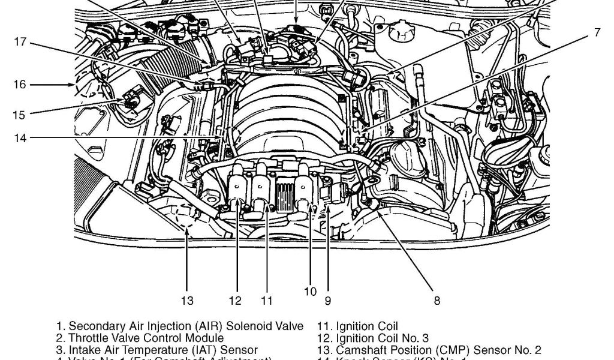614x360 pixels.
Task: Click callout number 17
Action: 21,41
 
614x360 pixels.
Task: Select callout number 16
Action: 20,85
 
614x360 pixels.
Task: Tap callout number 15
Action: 20,114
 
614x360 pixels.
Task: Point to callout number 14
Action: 20,138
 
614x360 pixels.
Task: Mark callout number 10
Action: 310,292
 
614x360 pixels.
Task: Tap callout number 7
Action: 597,33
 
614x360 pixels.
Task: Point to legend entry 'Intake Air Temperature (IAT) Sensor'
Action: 157,350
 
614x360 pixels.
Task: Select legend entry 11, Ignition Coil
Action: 359,327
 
